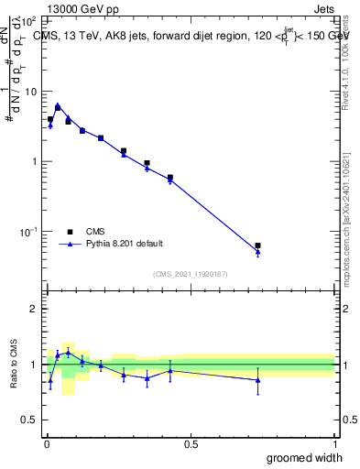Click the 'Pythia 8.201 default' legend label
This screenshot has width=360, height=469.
click(124, 244)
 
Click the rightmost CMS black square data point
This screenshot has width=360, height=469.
click(258, 245)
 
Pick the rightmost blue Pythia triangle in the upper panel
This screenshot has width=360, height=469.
click(258, 252)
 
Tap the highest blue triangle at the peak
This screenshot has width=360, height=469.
click(58, 105)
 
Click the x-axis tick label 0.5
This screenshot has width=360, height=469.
click(191, 444)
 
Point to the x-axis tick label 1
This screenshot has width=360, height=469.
click(334, 444)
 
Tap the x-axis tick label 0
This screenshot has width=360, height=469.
click(47, 444)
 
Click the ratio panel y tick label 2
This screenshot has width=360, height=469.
click(33, 310)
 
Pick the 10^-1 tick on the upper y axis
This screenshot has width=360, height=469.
click(27, 232)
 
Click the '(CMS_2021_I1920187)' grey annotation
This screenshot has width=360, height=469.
click(190, 274)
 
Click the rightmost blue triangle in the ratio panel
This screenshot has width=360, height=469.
click(258, 379)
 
